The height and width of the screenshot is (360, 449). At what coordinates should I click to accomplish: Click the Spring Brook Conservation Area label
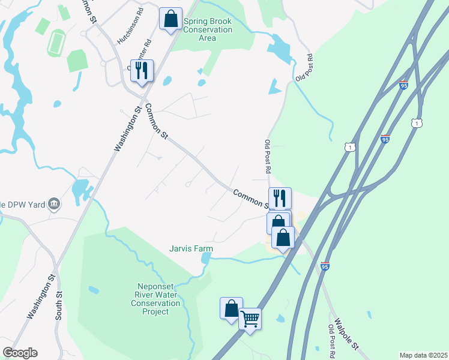click(208, 29)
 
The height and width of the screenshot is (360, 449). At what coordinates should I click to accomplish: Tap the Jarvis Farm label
click(191, 248)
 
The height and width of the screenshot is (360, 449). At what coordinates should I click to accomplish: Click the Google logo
click(20, 353)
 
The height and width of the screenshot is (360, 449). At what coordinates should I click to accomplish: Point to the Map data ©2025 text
click(423, 355)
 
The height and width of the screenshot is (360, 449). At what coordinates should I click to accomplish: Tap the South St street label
click(59, 305)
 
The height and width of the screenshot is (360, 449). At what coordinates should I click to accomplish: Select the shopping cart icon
click(250, 319)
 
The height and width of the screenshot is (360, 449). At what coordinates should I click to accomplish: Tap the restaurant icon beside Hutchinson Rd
click(142, 70)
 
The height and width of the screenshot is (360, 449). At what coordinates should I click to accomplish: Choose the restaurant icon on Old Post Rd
click(280, 197)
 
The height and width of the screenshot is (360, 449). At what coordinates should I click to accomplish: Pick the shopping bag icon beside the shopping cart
click(232, 308)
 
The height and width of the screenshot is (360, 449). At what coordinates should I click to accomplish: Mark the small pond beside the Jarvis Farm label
click(206, 258)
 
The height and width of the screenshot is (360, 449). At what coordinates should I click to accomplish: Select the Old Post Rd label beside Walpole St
click(331, 339)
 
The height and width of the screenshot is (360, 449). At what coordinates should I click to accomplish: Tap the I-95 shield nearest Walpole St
click(324, 266)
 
